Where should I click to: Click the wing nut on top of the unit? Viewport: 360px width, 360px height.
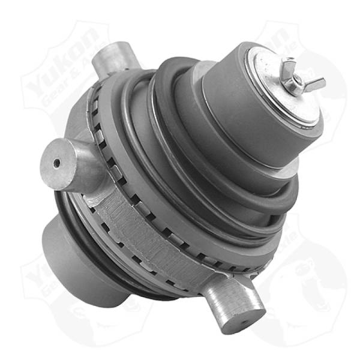point(298,77)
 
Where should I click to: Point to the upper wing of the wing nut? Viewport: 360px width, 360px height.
point(290,62)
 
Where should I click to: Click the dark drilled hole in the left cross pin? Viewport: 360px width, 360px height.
point(56,163)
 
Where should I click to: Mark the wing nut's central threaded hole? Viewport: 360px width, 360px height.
point(298,77)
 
